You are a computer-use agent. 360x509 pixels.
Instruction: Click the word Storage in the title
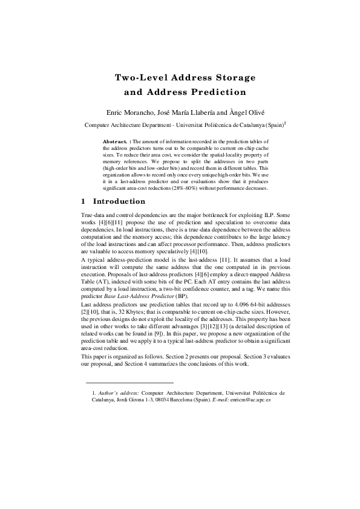(x=233, y=78)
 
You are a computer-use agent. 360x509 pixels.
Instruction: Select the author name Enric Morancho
(x=133, y=112)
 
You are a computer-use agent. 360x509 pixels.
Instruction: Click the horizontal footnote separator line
(x=129, y=383)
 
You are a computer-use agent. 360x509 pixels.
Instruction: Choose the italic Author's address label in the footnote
(x=119, y=392)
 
